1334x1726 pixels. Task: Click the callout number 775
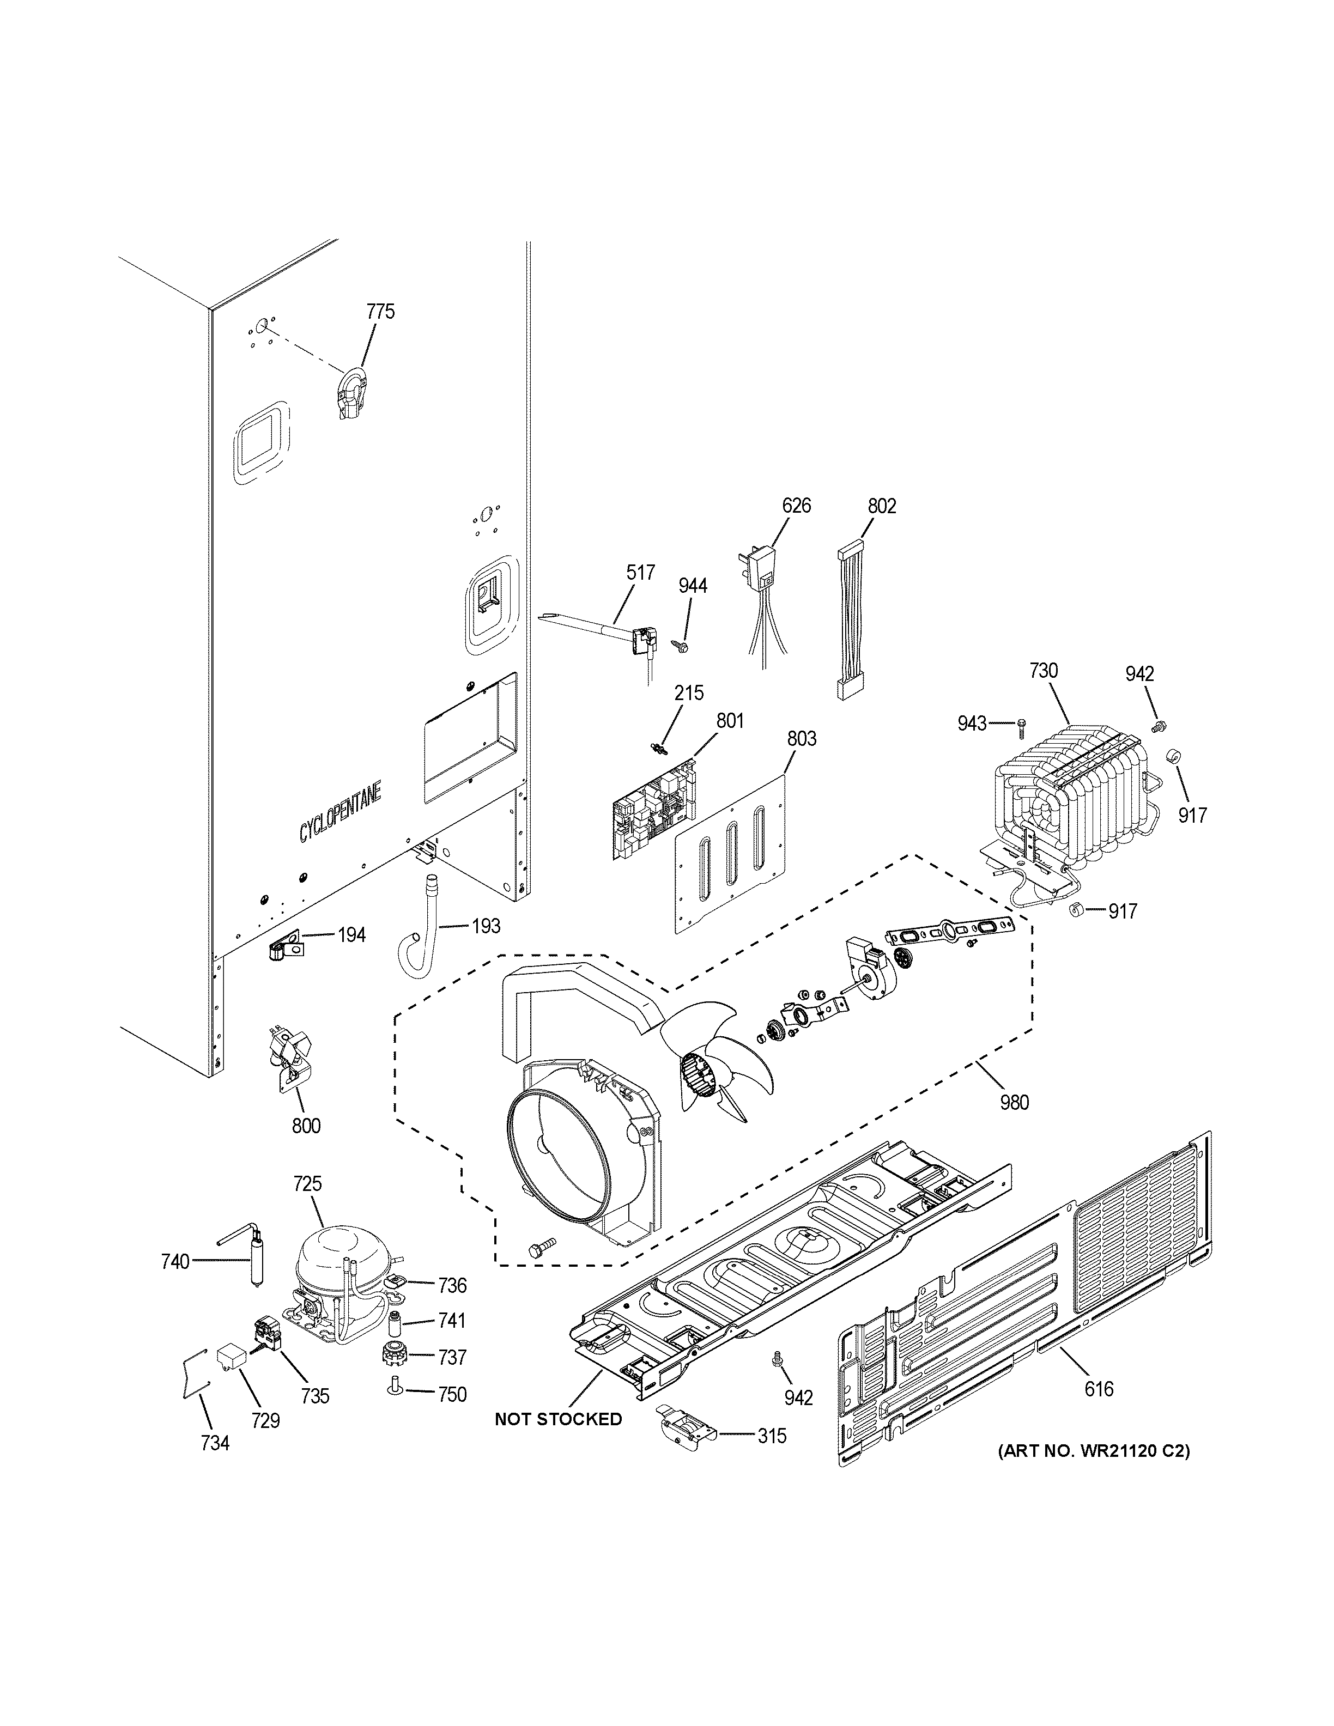380,312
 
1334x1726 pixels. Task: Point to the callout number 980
1014,1102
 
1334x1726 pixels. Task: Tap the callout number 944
693,586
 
